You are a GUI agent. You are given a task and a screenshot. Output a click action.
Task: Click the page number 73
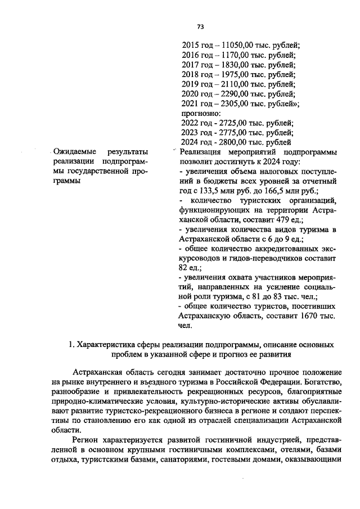[x=200, y=26]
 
